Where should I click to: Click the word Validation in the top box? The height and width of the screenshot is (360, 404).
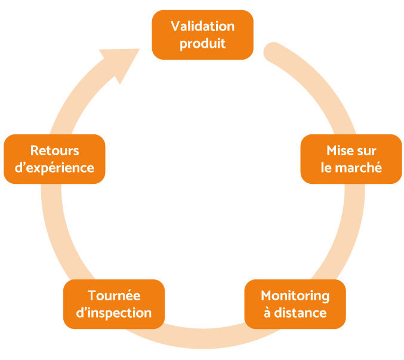click(x=202, y=26)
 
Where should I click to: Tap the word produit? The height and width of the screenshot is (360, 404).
click(x=202, y=44)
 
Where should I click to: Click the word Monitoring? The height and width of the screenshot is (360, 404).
click(x=295, y=296)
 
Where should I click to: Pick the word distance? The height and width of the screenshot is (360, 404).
click(x=300, y=313)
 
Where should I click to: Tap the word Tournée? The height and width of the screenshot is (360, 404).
click(x=114, y=296)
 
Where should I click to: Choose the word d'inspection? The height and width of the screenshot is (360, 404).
click(x=114, y=313)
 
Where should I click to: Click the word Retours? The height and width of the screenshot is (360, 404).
click(x=54, y=150)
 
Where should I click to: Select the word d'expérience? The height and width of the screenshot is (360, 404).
click(x=54, y=168)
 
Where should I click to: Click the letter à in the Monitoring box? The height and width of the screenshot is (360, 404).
click(x=267, y=313)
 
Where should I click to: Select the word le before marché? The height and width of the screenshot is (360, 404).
click(x=326, y=168)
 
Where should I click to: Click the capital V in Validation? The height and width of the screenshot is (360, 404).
click(x=175, y=26)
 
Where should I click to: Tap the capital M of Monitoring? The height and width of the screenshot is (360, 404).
click(x=267, y=296)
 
